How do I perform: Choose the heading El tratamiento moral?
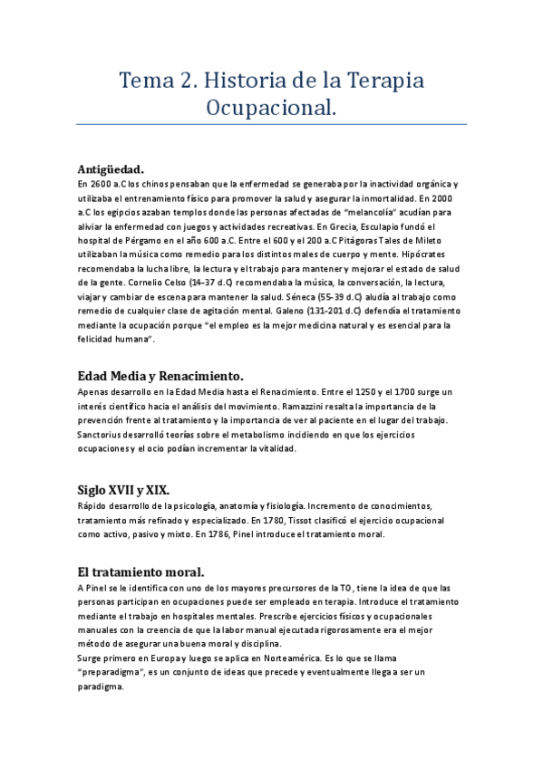tap(141, 571)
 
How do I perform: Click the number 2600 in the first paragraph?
tap(102, 183)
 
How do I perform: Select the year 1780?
tap(324, 520)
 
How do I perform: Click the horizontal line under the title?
tap(271, 124)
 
